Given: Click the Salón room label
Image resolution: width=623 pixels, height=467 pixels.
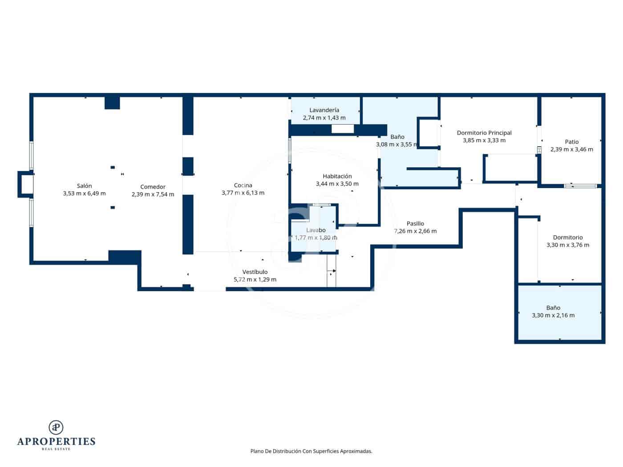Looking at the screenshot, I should pyautogui.click(x=84, y=186).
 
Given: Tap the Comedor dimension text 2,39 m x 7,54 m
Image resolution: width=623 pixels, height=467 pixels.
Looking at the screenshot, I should pyautogui.click(x=153, y=194).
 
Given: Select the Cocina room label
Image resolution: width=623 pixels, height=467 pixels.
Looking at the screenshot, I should pyautogui.click(x=243, y=185).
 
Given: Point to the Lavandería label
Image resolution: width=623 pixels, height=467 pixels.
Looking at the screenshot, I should pyautogui.click(x=324, y=110).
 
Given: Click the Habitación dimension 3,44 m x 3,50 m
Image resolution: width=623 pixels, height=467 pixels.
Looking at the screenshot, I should pyautogui.click(x=337, y=184).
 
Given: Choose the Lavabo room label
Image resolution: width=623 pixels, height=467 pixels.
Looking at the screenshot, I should pyautogui.click(x=316, y=230).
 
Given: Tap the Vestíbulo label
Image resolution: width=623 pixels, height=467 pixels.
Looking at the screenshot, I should pyautogui.click(x=255, y=272).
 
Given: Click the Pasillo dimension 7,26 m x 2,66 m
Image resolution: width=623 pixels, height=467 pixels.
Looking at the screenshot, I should pyautogui.click(x=415, y=231).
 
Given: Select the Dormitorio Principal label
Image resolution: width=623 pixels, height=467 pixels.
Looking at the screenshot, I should pyautogui.click(x=484, y=133).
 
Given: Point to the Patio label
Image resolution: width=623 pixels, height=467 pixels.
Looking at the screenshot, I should pyautogui.click(x=571, y=142).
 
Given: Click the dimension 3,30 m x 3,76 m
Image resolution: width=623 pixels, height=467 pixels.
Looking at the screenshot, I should pyautogui.click(x=567, y=245).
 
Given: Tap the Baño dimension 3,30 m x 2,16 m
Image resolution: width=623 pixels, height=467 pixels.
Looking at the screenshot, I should pyautogui.click(x=553, y=315).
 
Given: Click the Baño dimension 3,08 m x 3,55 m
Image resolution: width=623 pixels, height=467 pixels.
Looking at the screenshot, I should pyautogui.click(x=397, y=145).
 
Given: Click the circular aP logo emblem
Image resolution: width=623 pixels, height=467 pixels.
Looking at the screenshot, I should pyautogui.click(x=56, y=427).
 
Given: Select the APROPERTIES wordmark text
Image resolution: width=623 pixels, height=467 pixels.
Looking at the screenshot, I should pyautogui.click(x=56, y=441).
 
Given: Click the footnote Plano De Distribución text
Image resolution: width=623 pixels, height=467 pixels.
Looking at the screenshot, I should pyautogui.click(x=311, y=451).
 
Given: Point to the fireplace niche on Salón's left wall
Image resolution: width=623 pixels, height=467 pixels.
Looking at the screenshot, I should pyautogui.click(x=25, y=184).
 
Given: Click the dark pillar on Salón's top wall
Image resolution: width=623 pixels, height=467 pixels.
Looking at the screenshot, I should pyautogui.click(x=112, y=103).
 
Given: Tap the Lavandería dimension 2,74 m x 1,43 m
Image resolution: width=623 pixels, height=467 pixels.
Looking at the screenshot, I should pyautogui.click(x=324, y=118).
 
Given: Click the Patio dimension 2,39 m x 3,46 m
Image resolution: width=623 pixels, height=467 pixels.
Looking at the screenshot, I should pyautogui.click(x=571, y=149).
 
